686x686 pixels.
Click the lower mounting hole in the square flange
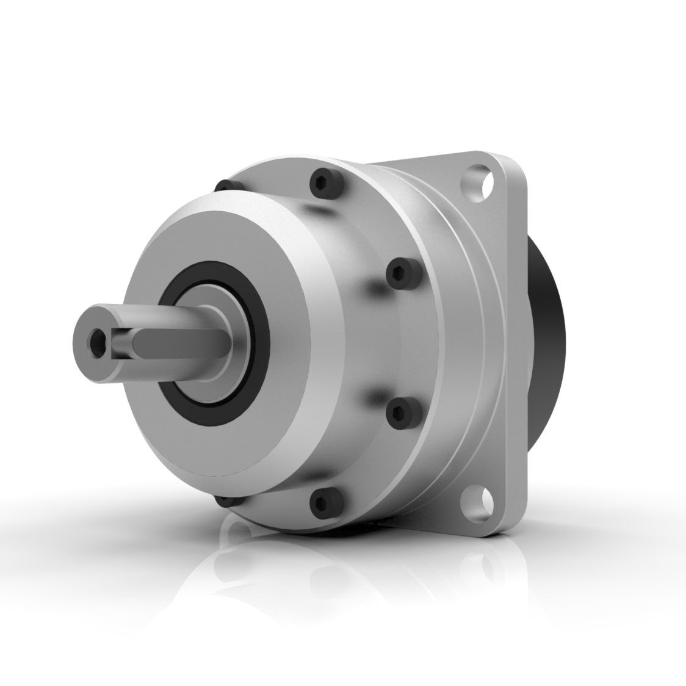pos(482,500)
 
